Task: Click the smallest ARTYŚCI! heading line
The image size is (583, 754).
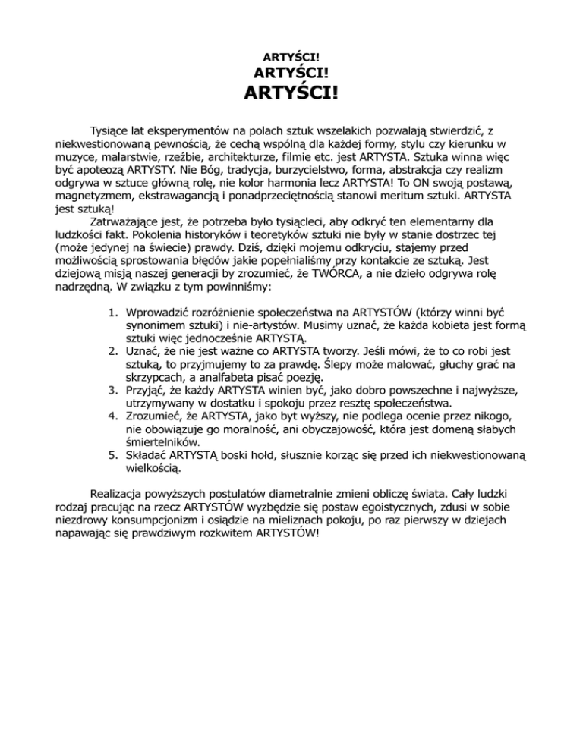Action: [291, 57]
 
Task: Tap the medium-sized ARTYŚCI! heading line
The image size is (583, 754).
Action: [291, 74]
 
